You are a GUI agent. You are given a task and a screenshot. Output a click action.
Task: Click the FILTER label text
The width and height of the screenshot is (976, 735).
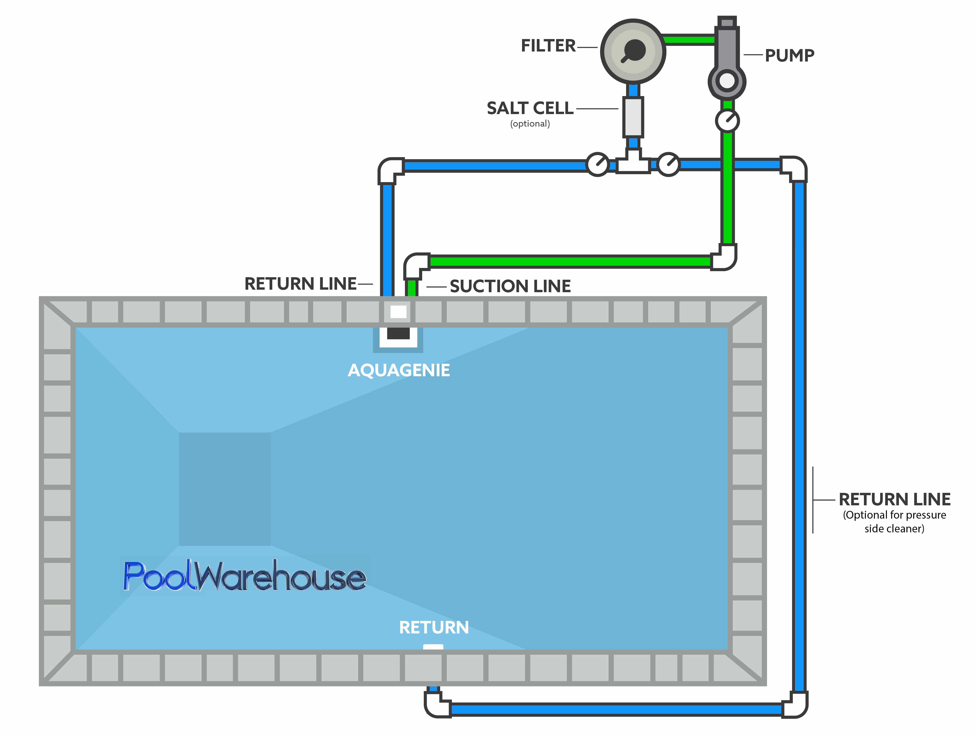point(548,46)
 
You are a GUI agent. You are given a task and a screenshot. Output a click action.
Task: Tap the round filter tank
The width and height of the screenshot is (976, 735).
point(633,51)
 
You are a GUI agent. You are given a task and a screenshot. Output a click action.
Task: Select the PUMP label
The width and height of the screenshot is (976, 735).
point(789,56)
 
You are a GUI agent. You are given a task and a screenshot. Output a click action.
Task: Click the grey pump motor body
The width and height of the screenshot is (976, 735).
point(727,49)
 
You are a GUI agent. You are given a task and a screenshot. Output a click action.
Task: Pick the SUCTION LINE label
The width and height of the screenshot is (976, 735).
point(510,286)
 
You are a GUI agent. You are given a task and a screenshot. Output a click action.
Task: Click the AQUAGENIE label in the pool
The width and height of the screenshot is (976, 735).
point(399,370)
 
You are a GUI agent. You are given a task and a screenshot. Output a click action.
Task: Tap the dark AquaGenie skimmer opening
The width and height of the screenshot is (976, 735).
point(398,333)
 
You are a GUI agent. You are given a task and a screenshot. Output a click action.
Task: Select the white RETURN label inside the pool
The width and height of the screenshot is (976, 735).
point(434,627)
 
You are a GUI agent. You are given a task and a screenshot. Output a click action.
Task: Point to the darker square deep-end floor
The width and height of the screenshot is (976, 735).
point(224,489)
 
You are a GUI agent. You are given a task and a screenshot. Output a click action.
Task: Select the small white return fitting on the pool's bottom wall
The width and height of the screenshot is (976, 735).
point(433,647)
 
